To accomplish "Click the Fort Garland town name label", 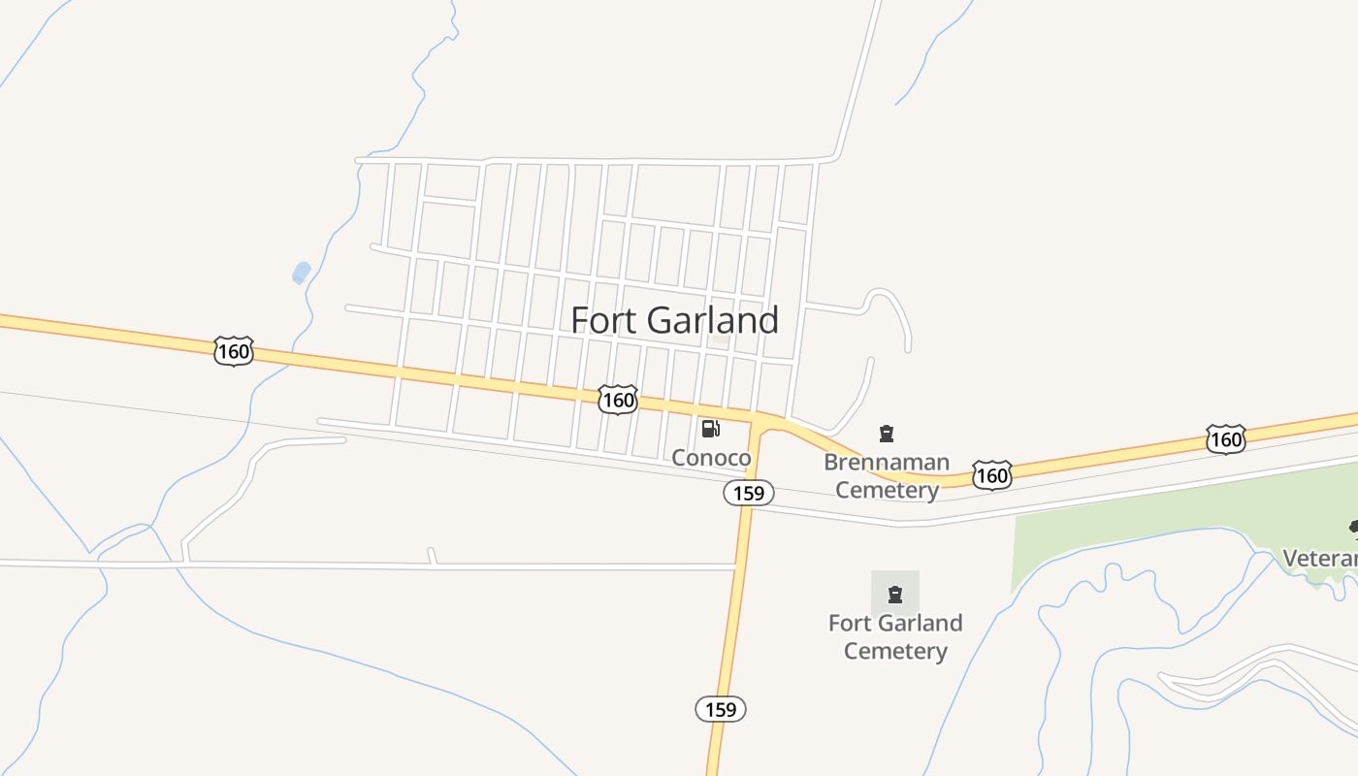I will [x=674, y=320].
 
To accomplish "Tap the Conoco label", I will [x=711, y=458].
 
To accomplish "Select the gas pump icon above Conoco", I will [x=710, y=429].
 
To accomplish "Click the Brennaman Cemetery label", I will [x=887, y=475].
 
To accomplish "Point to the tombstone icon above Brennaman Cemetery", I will [x=886, y=434].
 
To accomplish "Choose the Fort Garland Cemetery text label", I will [x=895, y=636].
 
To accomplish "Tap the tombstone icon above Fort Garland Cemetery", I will [x=895, y=594].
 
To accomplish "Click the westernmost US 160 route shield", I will [x=233, y=351].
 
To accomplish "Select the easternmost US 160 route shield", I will [x=1226, y=439].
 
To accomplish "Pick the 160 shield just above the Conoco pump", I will [x=617, y=400].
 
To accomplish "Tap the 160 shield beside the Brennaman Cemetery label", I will [x=991, y=475].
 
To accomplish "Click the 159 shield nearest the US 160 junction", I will [x=748, y=493].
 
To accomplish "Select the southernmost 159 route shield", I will [x=721, y=709].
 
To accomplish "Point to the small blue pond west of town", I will [x=302, y=273].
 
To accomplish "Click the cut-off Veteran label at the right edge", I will [x=1320, y=559].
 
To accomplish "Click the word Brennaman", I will [x=887, y=462].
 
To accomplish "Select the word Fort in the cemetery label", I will [x=849, y=623].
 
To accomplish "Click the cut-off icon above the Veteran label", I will [x=1353, y=527].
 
